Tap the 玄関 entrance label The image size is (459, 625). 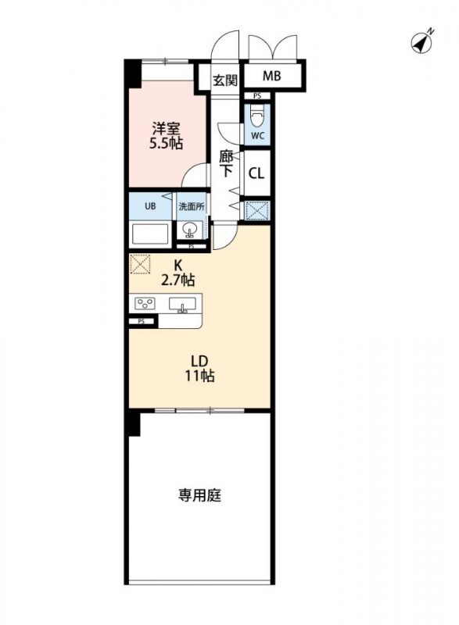coord(226,78)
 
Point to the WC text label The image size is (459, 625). coord(257,136)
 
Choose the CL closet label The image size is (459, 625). coord(256,173)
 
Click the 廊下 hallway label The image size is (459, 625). coord(226,163)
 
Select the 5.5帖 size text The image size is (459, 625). coord(167,144)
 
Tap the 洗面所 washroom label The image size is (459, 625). coord(191,207)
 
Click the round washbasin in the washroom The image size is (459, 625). coord(190,231)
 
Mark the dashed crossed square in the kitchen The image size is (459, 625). coord(139,265)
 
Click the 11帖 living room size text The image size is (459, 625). coord(199,376)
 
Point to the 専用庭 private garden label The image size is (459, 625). coord(199,495)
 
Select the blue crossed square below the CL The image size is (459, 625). coord(256,210)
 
